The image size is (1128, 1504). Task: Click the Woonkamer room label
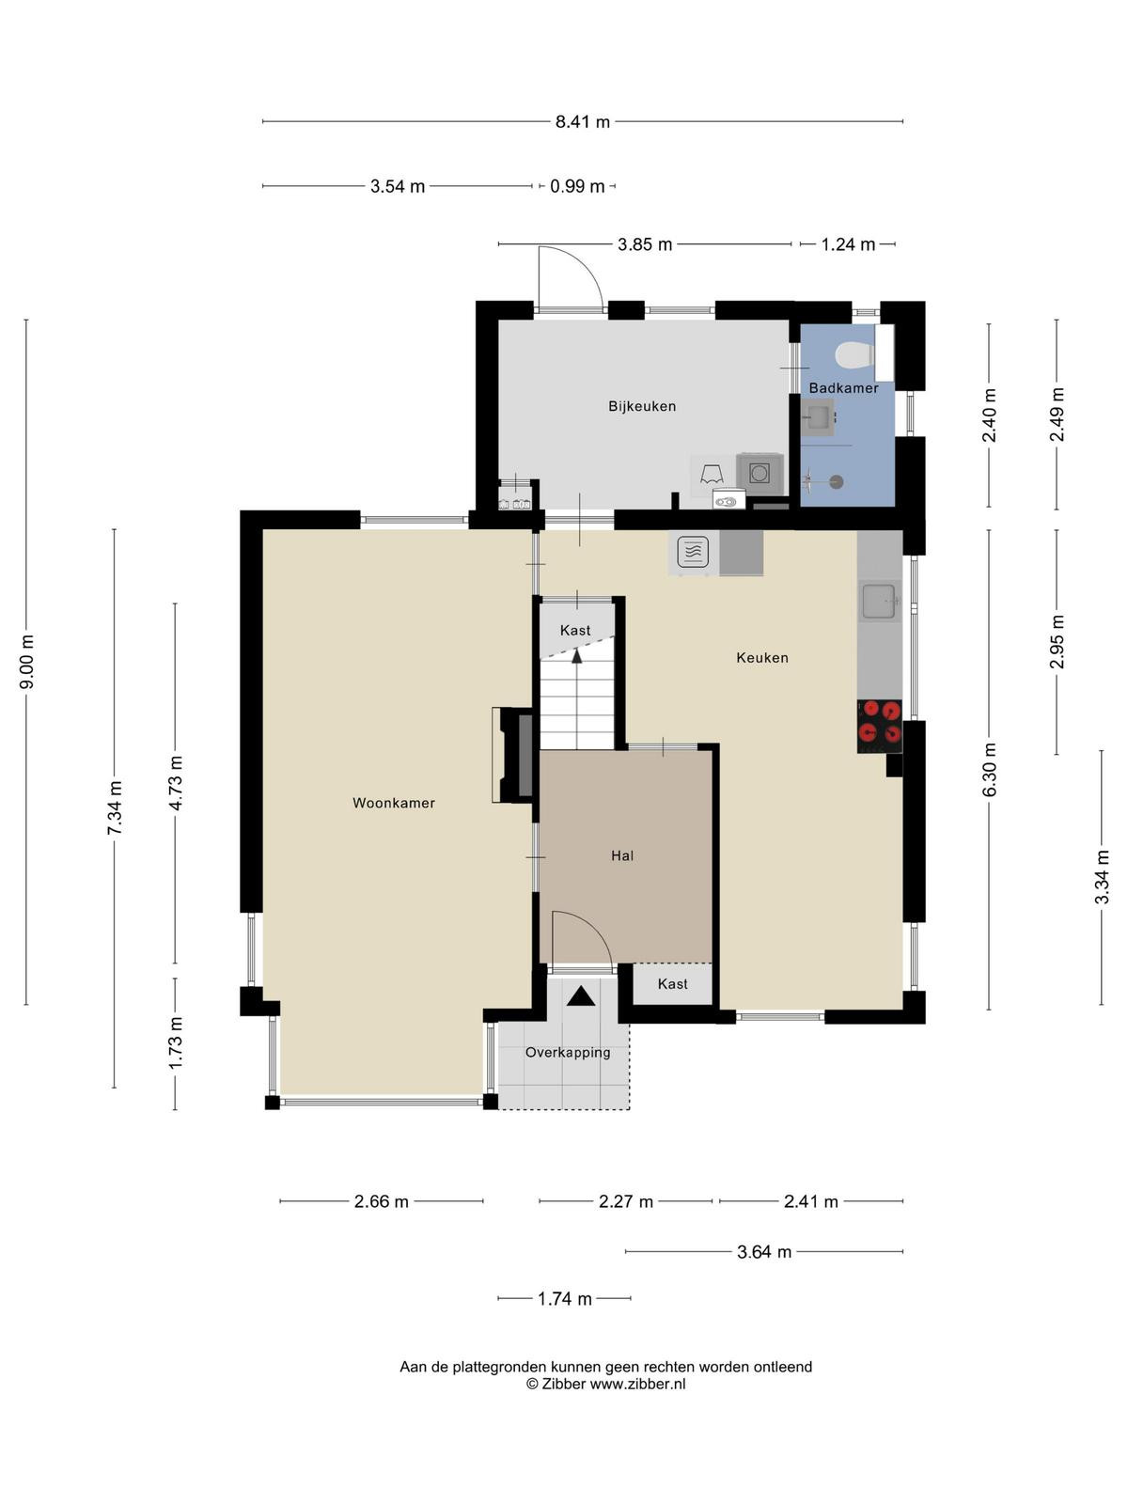[393, 803]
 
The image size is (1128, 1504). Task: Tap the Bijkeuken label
[642, 406]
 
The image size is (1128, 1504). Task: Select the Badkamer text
[843, 388]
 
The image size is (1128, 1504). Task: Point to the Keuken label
[761, 657]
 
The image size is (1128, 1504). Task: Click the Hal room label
[622, 855]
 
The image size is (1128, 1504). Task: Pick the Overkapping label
[567, 1052]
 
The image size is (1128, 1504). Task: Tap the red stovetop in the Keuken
[879, 721]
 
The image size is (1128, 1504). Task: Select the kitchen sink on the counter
[880, 601]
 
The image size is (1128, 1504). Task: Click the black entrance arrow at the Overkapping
[581, 995]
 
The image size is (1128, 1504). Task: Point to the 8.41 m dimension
[582, 122]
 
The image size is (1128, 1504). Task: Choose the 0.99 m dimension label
[577, 186]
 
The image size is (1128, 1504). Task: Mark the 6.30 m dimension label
[989, 769]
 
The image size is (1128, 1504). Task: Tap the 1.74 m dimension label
[564, 1298]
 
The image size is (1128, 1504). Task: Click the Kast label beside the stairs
[574, 630]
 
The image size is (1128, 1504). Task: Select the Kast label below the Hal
[672, 983]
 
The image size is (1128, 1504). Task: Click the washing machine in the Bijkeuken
[759, 474]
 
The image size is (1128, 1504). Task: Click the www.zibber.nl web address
[637, 1383]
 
